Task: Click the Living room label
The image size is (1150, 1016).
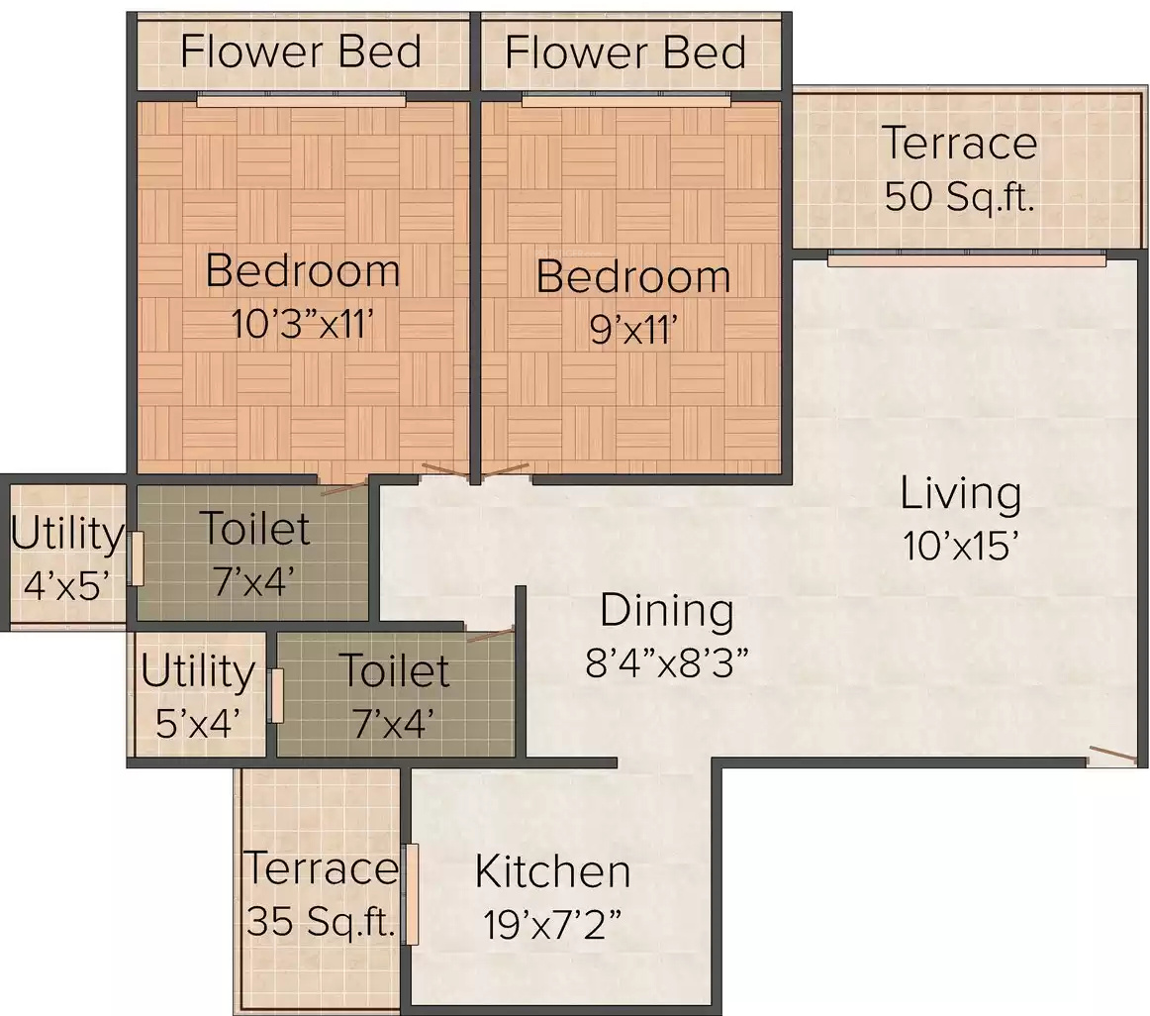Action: coord(960,493)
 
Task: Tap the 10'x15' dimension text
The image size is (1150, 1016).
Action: coord(960,547)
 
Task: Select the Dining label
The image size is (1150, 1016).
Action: coord(667,611)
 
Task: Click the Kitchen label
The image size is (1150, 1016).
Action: coord(552,871)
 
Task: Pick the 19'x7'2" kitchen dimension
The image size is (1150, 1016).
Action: coord(552,924)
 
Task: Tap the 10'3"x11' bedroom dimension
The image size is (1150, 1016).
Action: coord(303,323)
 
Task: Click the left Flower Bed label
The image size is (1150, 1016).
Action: coord(301,52)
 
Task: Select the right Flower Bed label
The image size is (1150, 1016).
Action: coord(624,52)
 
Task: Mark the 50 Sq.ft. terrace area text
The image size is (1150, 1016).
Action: coord(959,197)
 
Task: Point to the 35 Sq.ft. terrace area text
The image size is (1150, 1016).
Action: coord(322,921)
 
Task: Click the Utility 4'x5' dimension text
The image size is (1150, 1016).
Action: coord(66,586)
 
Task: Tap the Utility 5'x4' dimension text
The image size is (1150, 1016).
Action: coord(198,723)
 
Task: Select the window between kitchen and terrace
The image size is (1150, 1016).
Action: coord(412,894)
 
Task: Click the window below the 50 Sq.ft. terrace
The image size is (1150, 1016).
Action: coord(967,258)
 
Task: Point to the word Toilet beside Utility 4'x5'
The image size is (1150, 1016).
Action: coord(254,528)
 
